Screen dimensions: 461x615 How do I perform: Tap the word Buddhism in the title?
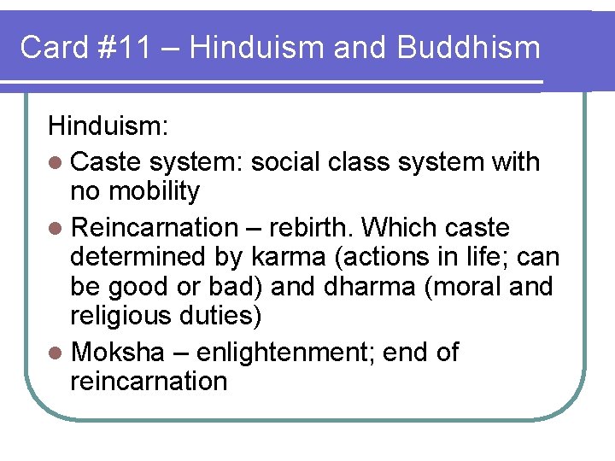tap(468, 47)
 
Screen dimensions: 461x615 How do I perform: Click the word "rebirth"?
tap(313, 228)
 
